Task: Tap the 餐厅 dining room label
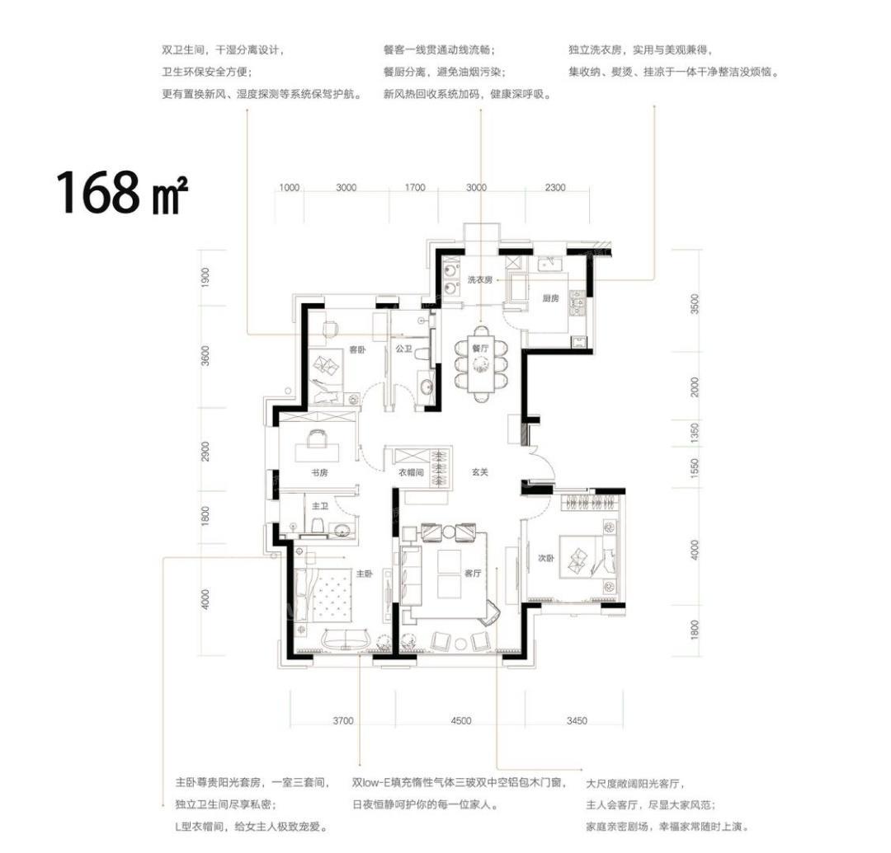tap(480, 349)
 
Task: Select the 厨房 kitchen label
tap(550, 298)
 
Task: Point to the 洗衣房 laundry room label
tap(479, 279)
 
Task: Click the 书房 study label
tap(319, 472)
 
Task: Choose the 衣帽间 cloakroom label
tap(410, 472)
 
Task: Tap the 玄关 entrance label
tap(480, 471)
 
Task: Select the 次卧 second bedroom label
tap(545, 559)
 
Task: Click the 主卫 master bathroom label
tap(320, 506)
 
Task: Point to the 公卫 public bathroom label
tap(403, 349)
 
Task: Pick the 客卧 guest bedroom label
tap(357, 350)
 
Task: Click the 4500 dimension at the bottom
tap(461, 721)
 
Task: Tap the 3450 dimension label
tap(577, 721)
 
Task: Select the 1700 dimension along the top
tap(415, 187)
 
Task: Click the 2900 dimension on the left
tap(205, 452)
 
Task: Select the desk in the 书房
tap(317, 452)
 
